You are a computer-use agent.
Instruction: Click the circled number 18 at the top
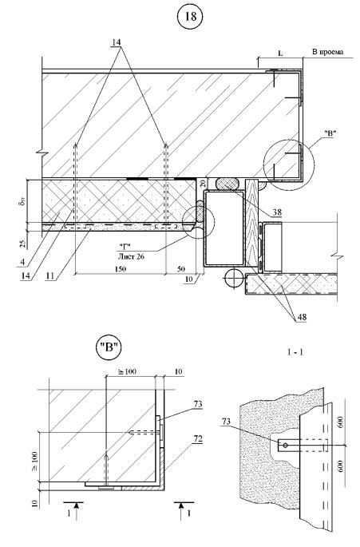tap(191, 17)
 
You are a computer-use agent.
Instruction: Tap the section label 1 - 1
tap(295, 352)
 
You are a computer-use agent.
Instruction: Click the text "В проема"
tap(327, 52)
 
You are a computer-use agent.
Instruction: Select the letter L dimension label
tap(280, 53)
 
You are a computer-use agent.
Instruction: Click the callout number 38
tap(277, 212)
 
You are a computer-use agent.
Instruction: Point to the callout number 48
tap(302, 317)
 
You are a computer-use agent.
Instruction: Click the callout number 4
tap(22, 261)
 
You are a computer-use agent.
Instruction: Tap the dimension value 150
tap(120, 269)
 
